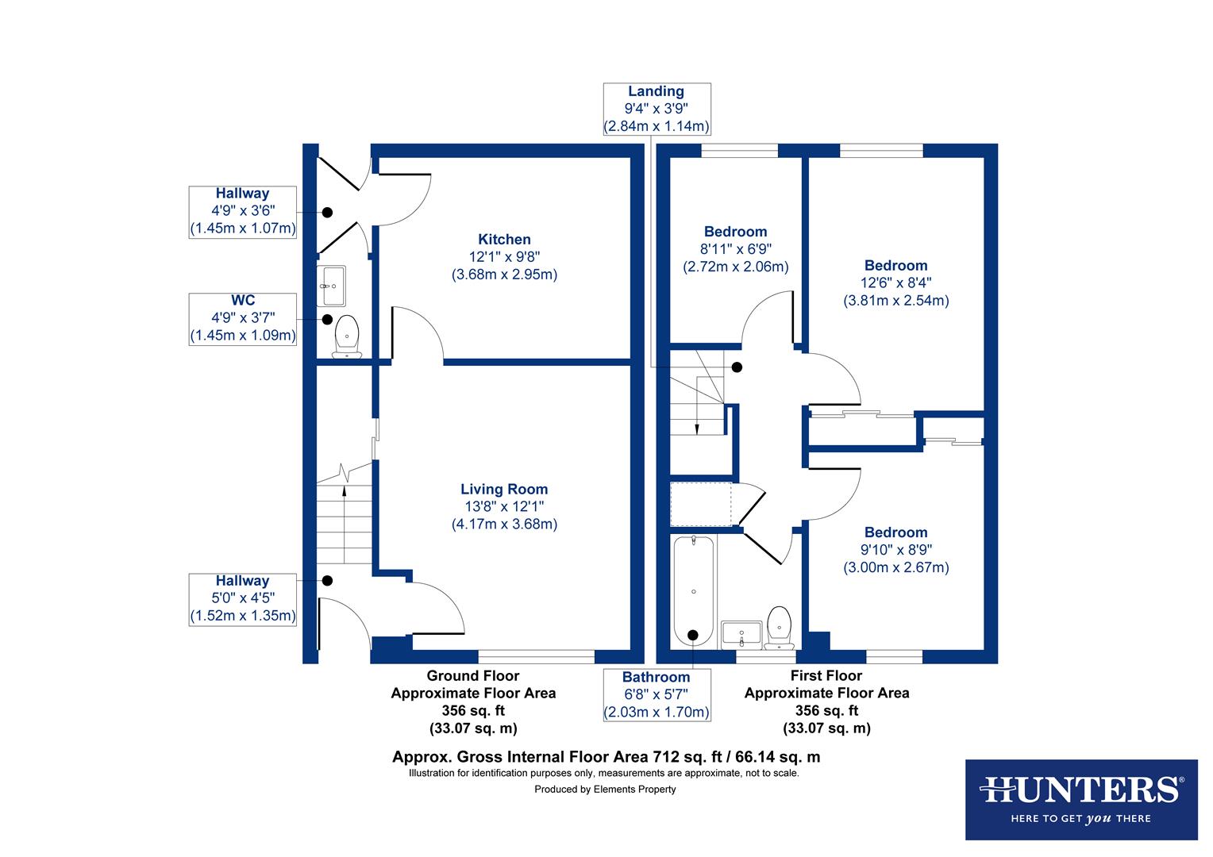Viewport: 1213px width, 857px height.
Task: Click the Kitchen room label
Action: click(x=504, y=256)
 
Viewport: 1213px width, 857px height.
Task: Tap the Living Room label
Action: click(x=504, y=506)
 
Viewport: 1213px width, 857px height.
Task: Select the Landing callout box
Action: click(x=657, y=109)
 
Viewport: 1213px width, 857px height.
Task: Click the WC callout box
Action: click(x=243, y=318)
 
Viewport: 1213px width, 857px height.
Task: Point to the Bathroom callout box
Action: click(x=657, y=694)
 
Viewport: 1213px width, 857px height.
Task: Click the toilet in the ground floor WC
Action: click(x=347, y=336)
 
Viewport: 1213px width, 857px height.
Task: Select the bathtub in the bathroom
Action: click(x=694, y=591)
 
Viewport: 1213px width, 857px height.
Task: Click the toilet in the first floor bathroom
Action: click(x=780, y=627)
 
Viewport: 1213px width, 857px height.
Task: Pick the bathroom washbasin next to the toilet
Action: click(x=741, y=635)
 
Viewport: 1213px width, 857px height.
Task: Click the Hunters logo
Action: click(x=1081, y=799)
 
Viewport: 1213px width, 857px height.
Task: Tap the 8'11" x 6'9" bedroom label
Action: click(x=736, y=249)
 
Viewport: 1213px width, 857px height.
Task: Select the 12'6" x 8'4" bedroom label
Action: click(x=895, y=282)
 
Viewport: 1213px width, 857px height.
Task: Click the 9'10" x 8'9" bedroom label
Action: click(x=895, y=549)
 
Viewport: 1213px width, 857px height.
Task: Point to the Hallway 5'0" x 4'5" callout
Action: click(x=243, y=598)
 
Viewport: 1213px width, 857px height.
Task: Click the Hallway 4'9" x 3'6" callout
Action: click(x=243, y=211)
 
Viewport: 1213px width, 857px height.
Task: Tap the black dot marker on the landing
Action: click(x=737, y=367)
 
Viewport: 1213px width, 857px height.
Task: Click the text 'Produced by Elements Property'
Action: click(x=605, y=789)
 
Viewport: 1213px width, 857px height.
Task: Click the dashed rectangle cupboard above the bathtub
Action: click(x=701, y=504)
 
